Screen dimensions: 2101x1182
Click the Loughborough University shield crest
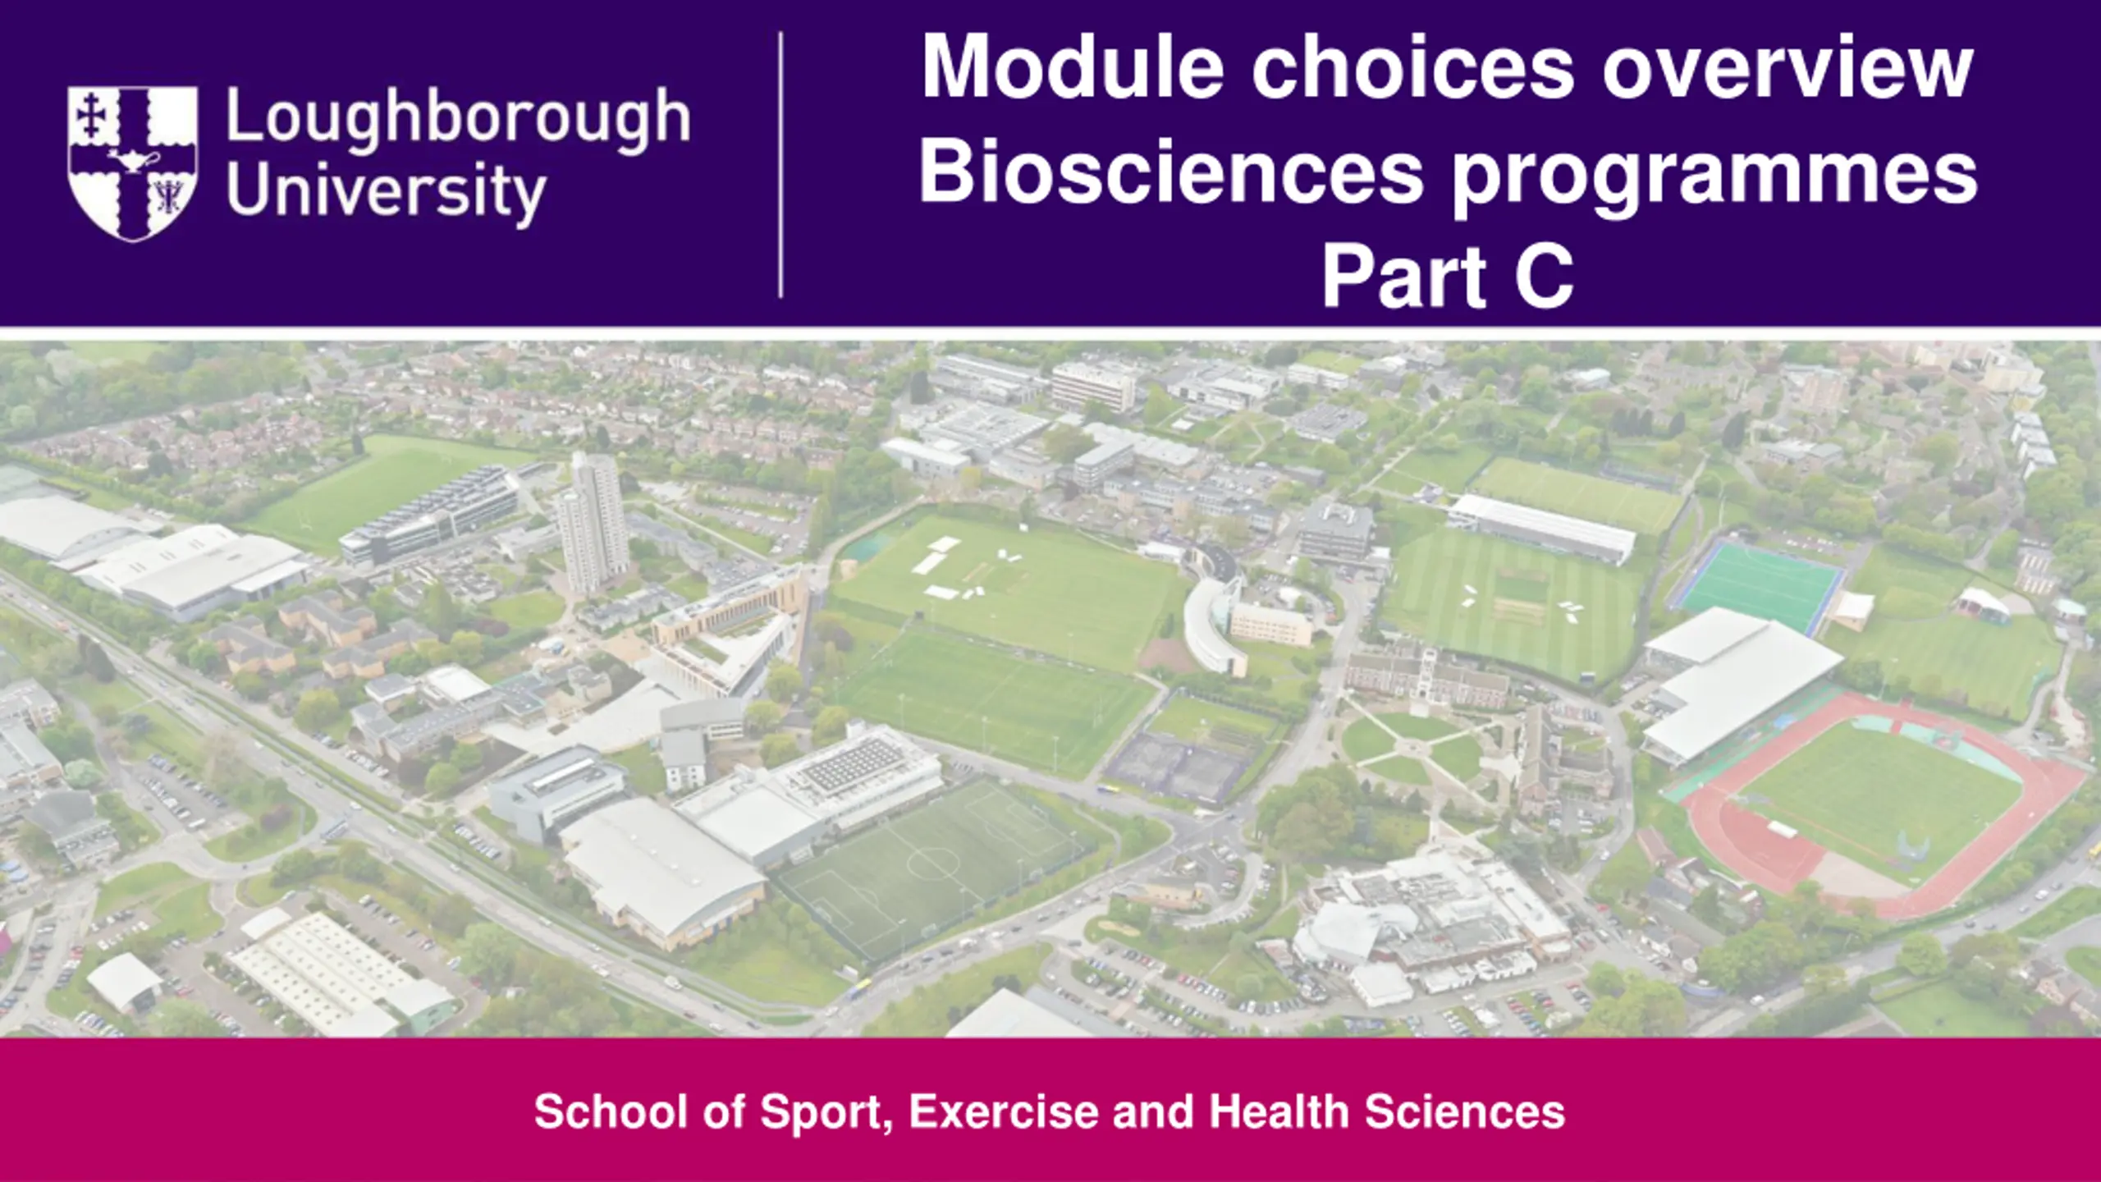click(132, 163)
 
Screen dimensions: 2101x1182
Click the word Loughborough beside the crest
click(458, 120)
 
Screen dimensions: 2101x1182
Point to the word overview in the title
click(1787, 68)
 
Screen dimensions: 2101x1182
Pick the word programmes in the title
click(1715, 180)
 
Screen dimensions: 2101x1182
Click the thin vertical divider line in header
click(780, 164)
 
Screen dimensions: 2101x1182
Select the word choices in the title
click(1412, 66)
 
